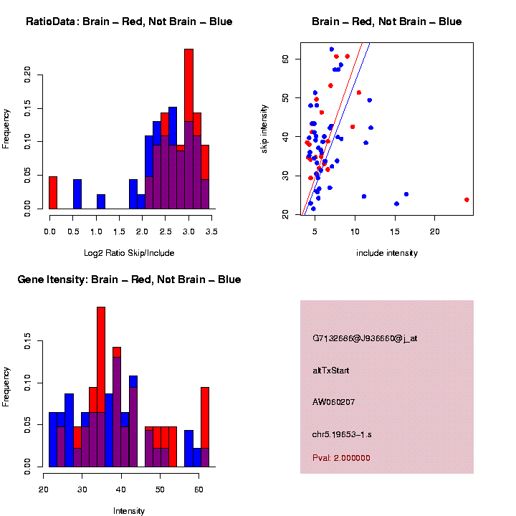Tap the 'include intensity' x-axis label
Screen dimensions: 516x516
(x=386, y=253)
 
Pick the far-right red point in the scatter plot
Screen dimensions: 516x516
(x=467, y=200)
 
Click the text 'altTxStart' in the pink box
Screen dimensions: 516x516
(x=331, y=371)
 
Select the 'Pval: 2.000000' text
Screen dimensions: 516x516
(x=341, y=458)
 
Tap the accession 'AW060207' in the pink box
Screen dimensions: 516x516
(x=333, y=401)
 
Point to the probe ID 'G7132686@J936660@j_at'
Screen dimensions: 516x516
(x=365, y=338)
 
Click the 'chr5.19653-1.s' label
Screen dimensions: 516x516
(x=340, y=434)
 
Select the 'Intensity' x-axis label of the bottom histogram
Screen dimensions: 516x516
(x=129, y=511)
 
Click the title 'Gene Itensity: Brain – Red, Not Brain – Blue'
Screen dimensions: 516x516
(x=129, y=279)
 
